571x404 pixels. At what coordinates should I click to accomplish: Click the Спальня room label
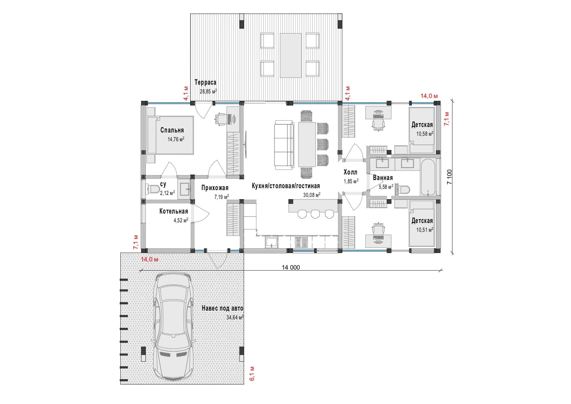172,130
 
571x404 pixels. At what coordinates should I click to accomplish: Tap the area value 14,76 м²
176,139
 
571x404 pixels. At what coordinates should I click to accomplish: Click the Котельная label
174,211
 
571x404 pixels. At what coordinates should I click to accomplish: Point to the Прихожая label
215,188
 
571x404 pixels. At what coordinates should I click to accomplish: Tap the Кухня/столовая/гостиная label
285,186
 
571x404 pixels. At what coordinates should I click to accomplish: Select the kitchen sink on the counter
272,242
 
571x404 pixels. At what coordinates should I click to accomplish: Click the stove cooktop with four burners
301,242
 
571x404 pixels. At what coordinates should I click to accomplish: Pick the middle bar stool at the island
315,214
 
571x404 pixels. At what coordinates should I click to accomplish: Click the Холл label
350,172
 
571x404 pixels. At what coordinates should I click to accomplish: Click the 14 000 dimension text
290,268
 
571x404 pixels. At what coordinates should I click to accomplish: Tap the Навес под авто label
222,308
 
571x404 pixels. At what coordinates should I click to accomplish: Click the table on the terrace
291,55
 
